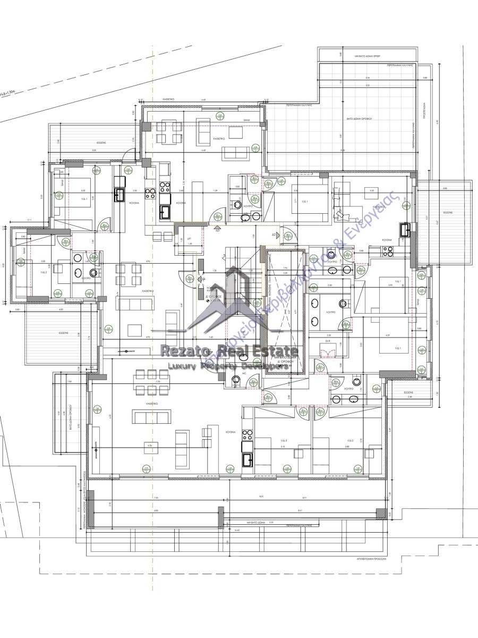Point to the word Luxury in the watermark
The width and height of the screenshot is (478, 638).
(183, 366)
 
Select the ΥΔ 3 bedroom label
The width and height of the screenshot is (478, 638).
(284, 441)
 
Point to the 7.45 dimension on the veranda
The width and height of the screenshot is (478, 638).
(156, 498)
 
